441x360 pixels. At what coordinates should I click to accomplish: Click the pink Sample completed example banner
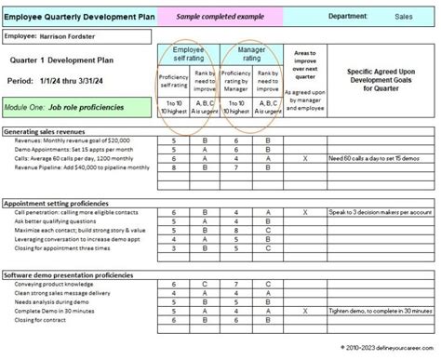tap(212, 16)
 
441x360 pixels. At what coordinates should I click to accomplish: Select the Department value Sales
tap(404, 16)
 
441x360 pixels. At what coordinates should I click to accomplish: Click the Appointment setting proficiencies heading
tap(70, 202)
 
